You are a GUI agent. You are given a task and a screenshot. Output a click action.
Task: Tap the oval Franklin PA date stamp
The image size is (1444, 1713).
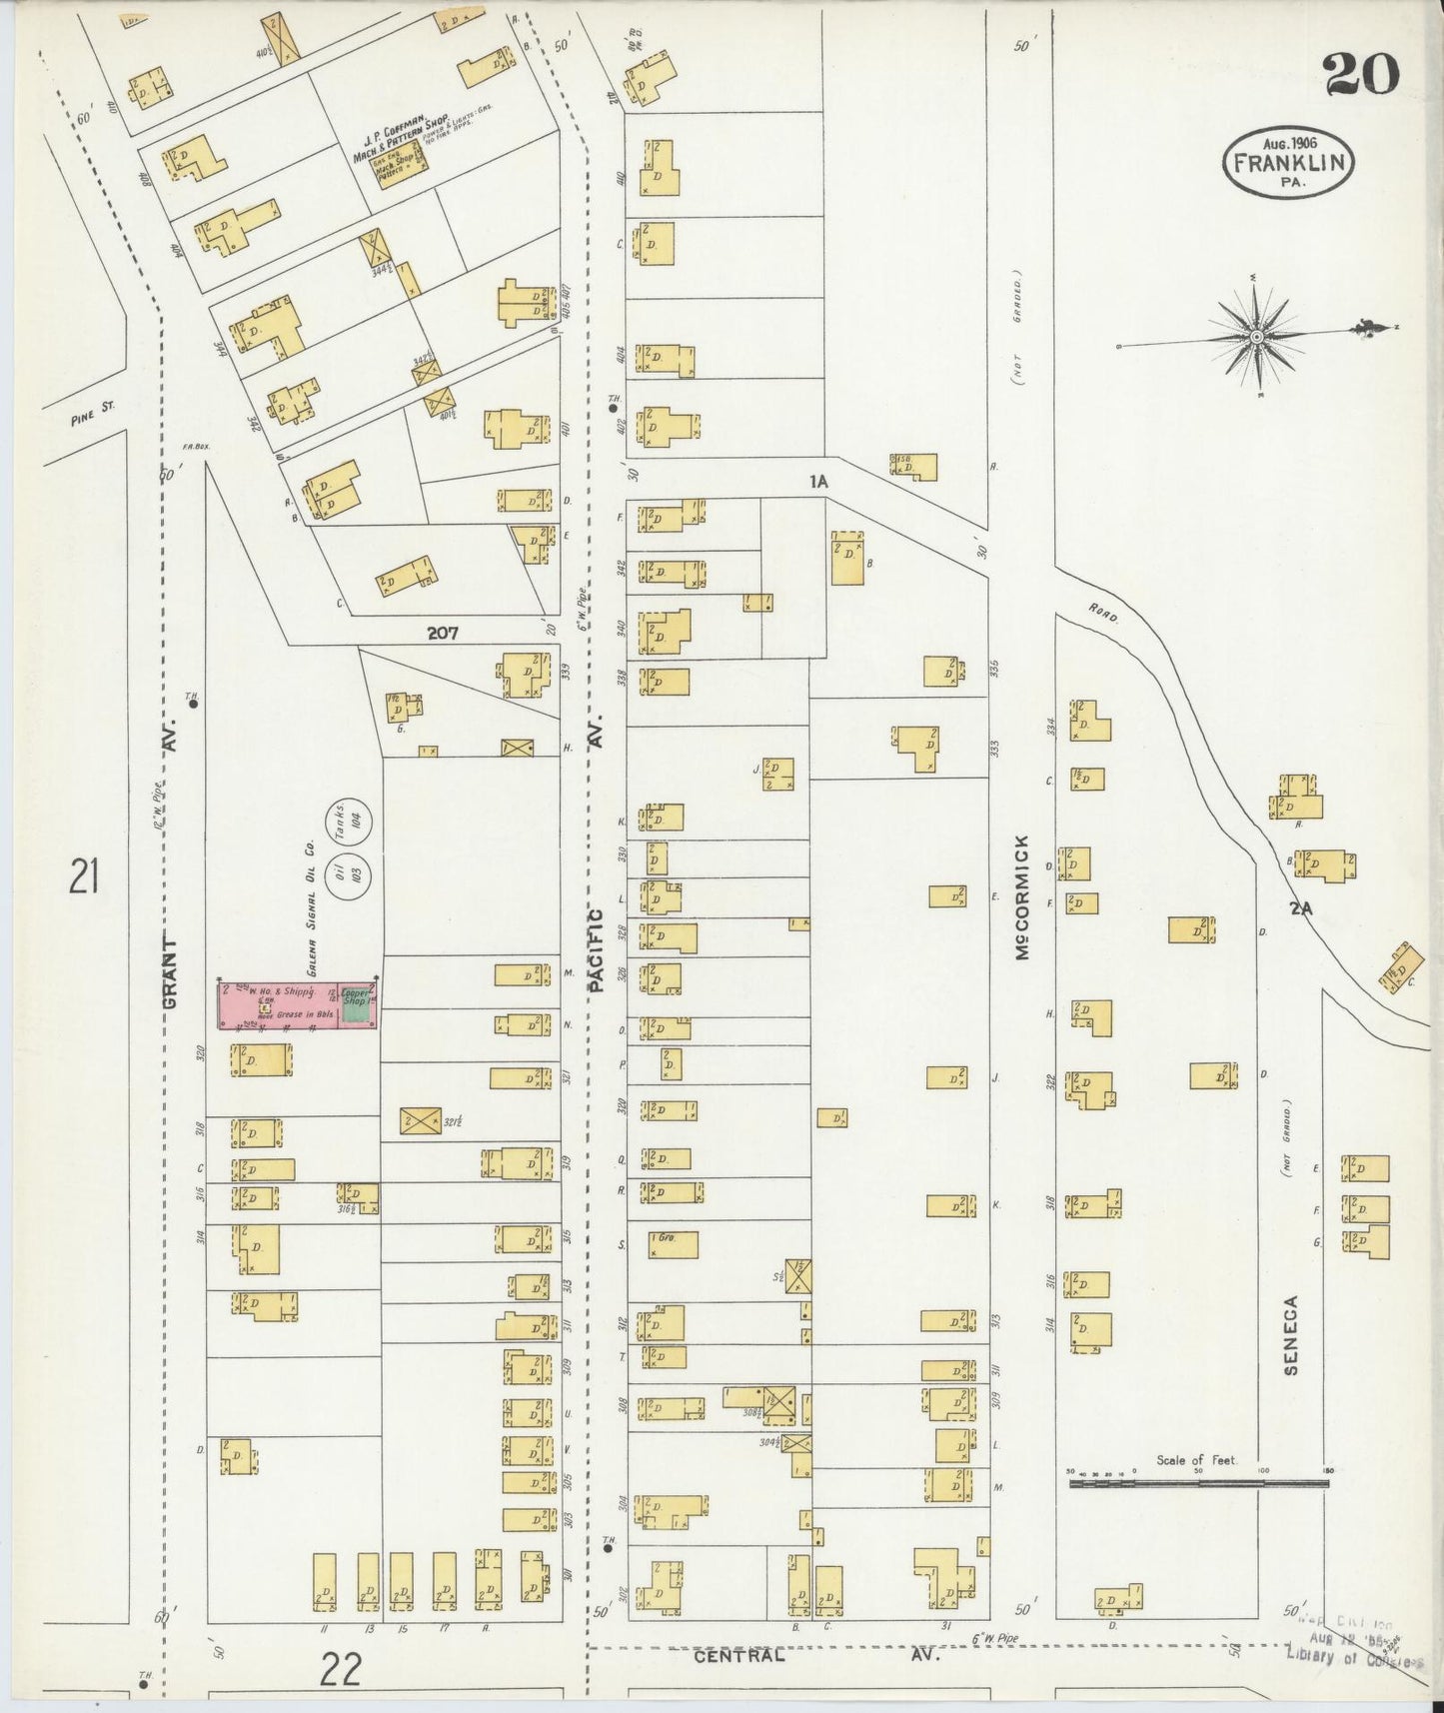point(1288,162)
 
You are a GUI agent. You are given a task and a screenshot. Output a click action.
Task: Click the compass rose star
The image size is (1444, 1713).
point(1255,338)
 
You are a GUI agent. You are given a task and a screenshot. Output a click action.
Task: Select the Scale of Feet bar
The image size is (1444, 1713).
point(1198,1484)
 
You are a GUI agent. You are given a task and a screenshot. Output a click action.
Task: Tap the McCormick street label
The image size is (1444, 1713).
point(1021,897)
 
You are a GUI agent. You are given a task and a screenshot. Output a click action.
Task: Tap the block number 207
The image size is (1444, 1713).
point(443,633)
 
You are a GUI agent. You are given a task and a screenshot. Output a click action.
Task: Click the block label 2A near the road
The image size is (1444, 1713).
point(1299,909)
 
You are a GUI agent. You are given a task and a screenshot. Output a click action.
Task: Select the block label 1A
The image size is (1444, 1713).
point(819,482)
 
